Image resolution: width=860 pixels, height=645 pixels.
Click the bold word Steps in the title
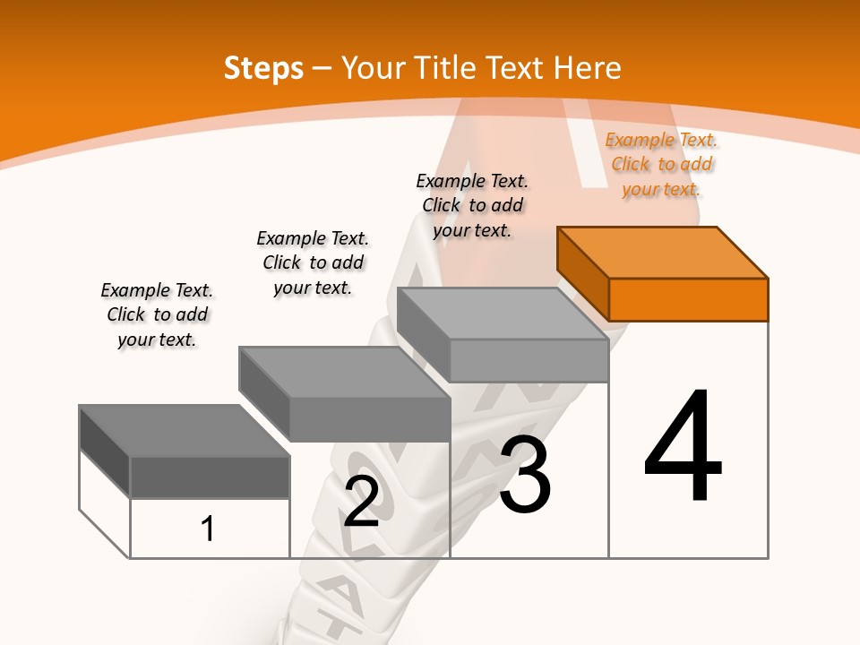(263, 68)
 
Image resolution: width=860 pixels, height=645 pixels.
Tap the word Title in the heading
(443, 68)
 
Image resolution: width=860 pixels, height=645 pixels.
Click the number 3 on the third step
(525, 475)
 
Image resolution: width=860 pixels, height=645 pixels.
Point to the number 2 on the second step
(361, 502)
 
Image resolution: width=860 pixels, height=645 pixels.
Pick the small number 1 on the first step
(208, 529)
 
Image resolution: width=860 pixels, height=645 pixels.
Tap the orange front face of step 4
(688, 299)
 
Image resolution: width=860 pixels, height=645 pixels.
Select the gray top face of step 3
(502, 314)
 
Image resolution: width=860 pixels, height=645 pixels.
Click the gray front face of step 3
(529, 360)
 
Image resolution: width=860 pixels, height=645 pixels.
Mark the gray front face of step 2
(369, 419)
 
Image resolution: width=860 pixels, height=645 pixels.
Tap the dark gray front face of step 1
(210, 477)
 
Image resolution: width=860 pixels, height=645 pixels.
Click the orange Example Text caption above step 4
(661, 164)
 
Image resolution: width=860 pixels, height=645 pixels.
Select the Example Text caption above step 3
(472, 205)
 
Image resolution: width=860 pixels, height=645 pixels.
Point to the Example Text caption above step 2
(313, 262)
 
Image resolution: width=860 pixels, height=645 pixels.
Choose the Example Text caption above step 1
(157, 314)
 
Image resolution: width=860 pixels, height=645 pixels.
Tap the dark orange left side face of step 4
(582, 273)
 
